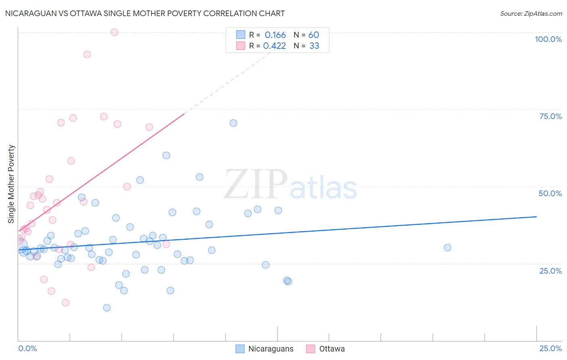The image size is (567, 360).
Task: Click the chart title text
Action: [145, 13]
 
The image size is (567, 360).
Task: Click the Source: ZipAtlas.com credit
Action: [531, 13]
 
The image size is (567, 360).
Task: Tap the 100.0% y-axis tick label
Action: [548, 39]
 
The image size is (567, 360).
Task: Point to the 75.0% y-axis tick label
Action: [550, 116]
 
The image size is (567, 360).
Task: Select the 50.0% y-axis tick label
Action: [550, 193]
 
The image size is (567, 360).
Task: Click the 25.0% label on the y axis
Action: [550, 270]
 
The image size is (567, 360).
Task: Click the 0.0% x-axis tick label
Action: [27, 348]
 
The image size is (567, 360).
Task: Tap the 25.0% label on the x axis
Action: [550, 348]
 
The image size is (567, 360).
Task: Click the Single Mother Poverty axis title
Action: [11, 184]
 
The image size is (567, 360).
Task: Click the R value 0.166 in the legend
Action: [275, 35]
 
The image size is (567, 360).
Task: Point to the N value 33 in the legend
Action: [314, 46]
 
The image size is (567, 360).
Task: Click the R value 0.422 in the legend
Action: [274, 46]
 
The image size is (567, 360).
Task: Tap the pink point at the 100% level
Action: [115, 32]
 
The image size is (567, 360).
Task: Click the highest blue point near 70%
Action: [233, 123]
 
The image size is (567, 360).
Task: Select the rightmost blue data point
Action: [447, 248]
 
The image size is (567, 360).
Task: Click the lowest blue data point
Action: [107, 308]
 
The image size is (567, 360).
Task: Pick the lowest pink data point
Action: [65, 303]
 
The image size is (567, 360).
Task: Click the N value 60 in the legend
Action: [314, 35]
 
